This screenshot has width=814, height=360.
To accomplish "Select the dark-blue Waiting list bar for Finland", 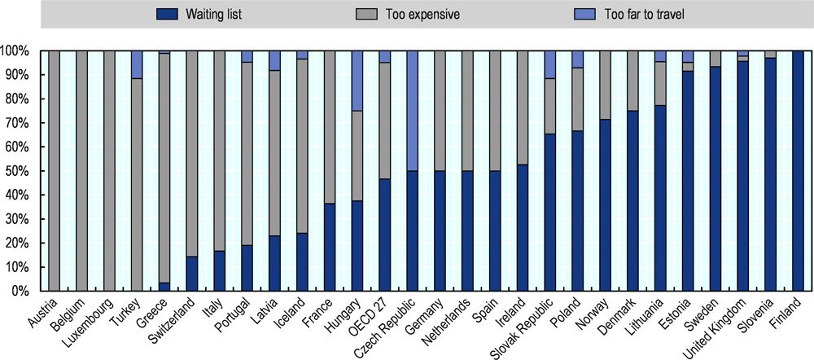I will tap(799, 171).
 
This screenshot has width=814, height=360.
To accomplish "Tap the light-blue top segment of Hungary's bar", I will tap(357, 81).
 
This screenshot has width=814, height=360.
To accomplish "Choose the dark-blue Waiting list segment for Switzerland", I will tap(192, 274).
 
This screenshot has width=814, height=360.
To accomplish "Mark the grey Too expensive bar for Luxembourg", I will tap(109, 171).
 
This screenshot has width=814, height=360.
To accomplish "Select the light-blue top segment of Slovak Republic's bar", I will tap(550, 64).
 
